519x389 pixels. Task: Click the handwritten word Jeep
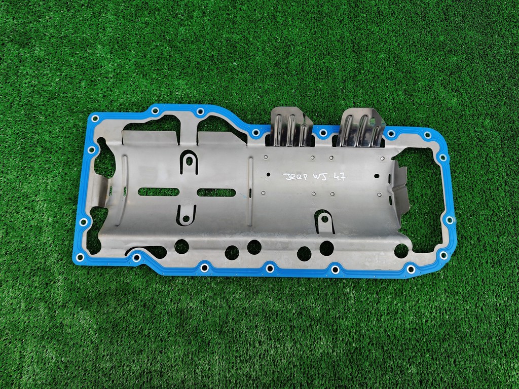tap(294, 177)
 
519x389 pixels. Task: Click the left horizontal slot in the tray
tap(158, 192)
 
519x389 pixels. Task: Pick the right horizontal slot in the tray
tap(216, 192)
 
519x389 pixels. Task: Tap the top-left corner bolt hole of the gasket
tap(95, 119)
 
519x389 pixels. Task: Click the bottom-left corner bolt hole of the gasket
tap(80, 257)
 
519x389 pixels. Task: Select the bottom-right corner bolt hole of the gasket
tap(443, 255)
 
